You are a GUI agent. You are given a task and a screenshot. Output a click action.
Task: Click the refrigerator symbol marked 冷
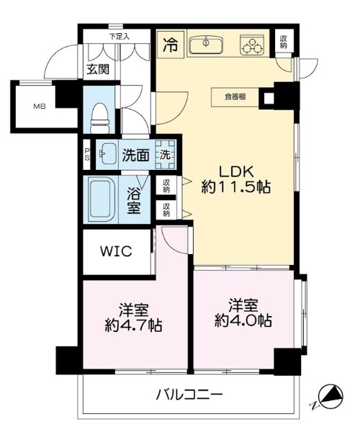171,45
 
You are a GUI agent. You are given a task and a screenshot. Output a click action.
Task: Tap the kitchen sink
204,45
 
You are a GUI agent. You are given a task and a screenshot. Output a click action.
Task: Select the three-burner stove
251,45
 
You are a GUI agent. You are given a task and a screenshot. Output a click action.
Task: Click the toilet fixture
99,119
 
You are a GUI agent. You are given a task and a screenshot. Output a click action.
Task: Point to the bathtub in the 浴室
102,199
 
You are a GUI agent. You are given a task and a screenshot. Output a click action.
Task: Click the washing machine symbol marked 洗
166,155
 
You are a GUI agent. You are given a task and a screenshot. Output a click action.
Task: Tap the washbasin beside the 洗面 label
107,153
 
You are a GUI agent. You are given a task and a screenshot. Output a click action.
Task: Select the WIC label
116,251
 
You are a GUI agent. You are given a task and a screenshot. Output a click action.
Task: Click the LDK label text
235,172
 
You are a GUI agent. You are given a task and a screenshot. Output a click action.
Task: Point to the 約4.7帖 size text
134,325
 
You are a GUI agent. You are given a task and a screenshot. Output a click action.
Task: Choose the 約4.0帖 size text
243,320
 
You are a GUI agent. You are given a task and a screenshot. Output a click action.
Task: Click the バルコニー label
189,395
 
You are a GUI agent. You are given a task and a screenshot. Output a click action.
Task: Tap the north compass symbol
330,397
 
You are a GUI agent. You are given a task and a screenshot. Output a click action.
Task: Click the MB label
40,106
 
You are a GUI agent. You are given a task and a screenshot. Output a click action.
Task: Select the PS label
87,154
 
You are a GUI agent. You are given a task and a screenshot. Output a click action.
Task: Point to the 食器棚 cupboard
235,97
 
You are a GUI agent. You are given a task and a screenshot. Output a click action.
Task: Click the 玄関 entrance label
98,69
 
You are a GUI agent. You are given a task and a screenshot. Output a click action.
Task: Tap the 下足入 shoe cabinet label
120,37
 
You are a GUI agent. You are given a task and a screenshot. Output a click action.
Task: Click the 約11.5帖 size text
235,187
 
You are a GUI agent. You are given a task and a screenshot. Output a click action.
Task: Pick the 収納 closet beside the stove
284,42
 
